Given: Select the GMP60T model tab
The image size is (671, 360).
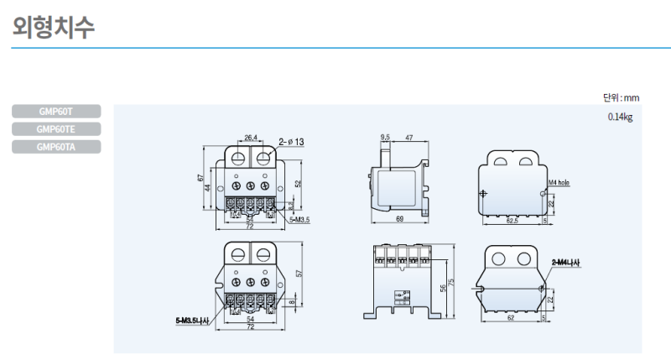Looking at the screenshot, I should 56,111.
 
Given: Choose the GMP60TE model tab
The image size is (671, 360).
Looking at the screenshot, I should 56,129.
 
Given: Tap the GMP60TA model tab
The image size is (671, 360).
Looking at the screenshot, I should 56,147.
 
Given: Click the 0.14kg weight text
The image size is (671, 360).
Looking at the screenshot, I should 620,117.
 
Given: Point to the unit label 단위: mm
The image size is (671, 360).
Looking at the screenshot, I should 621,98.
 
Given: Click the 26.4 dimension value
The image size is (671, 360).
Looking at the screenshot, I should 251,138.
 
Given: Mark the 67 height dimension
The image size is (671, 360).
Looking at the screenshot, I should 201,179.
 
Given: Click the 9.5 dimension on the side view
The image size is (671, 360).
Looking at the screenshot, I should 385,136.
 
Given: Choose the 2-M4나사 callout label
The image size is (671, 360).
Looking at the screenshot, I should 566,263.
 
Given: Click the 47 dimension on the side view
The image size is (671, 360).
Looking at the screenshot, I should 408,136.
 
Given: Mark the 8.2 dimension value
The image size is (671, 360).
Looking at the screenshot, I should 290,205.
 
